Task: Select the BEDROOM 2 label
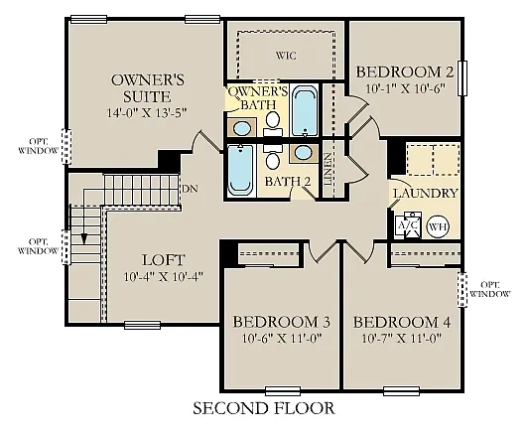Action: [x=404, y=72]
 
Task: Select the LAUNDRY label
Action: [x=425, y=194]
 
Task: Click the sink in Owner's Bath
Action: [x=242, y=128]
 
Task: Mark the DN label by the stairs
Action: [x=188, y=186]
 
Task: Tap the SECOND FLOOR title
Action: [x=263, y=408]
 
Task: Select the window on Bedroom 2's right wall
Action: [x=463, y=80]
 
